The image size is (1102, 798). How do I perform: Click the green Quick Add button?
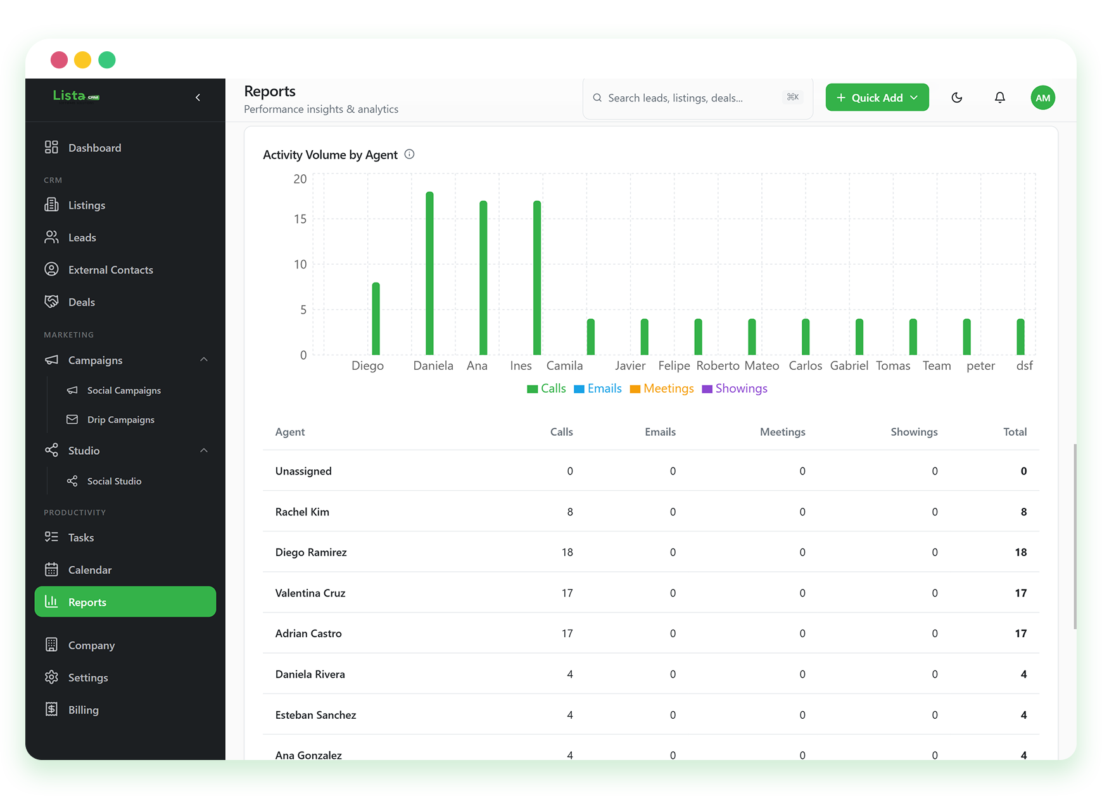877,98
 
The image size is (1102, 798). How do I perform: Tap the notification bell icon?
1000,98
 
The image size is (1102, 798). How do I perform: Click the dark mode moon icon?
957,98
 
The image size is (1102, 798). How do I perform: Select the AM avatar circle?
1043,98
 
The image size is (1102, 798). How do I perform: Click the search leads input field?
697,98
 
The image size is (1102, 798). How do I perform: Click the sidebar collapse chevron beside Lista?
198,97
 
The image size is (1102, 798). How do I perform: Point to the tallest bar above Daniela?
429,273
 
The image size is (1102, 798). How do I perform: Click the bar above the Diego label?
376,319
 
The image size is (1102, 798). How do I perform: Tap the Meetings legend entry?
662,388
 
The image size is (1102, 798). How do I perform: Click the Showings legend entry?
735,388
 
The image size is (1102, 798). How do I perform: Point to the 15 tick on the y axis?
300,218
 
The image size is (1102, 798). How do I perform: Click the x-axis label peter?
980,365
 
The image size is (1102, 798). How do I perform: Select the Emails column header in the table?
660,431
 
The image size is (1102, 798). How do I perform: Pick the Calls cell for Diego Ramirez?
567,552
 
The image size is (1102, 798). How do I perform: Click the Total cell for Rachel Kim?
1023,512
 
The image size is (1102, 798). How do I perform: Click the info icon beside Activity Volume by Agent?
410,154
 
